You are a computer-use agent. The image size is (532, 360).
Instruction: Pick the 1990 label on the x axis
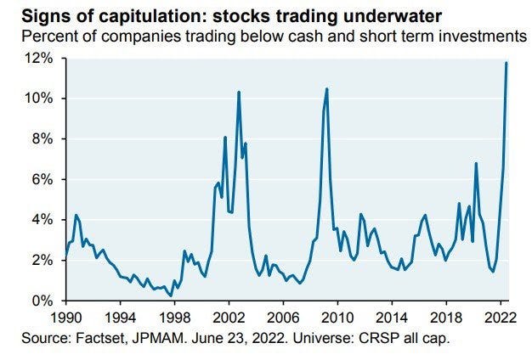click(66, 317)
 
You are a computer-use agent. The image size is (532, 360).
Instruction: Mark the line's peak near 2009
click(327, 88)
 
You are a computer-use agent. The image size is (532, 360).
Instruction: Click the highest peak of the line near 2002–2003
click(239, 92)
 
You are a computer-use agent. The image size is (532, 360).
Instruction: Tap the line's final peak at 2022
click(507, 62)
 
